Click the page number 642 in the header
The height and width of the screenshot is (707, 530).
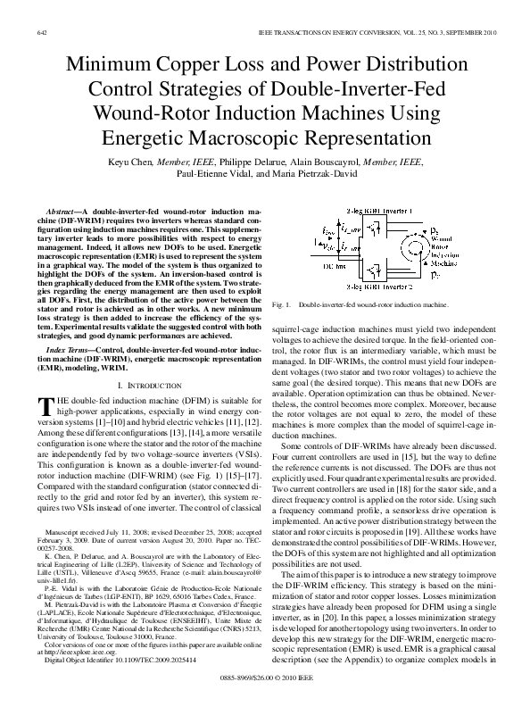pos(41,32)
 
